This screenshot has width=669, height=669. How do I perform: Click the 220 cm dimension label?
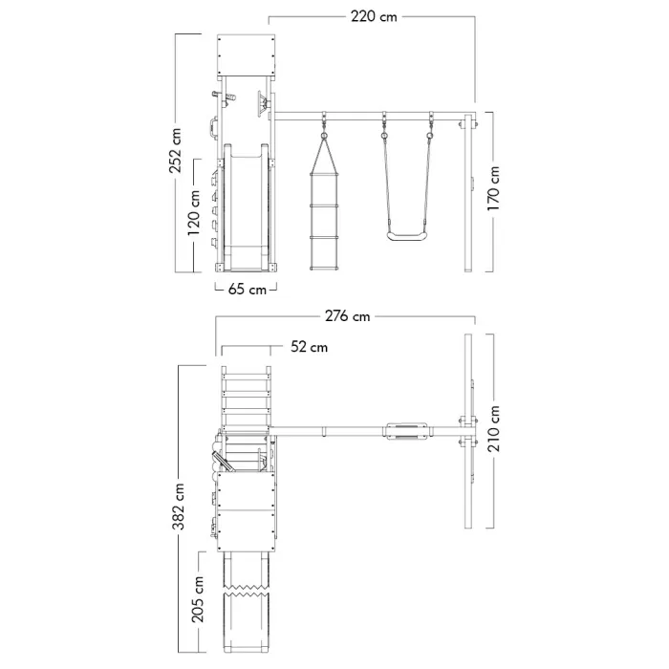pos(372,16)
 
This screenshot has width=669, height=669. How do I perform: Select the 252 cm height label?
pos(176,153)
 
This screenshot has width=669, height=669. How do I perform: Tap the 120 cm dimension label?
pos(196,214)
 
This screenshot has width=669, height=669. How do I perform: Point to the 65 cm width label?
pos(247,290)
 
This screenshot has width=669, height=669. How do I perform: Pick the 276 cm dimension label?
pos(347,316)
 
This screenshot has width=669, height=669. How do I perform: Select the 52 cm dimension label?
pos(309,347)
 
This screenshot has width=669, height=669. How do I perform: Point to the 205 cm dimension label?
pos(199,597)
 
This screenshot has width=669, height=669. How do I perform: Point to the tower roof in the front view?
pos(247,55)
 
